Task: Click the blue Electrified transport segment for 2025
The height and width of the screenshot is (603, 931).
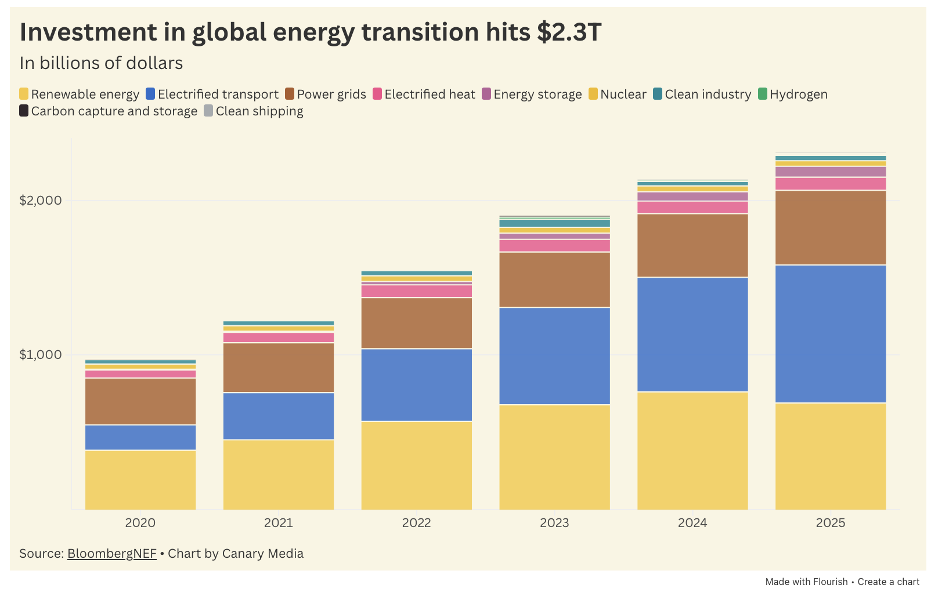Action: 831,333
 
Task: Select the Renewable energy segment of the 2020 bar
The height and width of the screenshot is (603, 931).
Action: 140,480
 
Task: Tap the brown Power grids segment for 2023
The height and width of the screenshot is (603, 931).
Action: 554,279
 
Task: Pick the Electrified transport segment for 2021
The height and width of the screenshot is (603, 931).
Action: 279,416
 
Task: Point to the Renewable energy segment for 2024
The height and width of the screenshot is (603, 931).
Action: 692,451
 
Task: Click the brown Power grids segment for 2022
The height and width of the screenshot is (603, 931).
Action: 416,323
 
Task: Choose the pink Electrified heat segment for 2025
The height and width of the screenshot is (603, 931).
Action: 831,184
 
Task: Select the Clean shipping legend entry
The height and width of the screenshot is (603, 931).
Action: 254,111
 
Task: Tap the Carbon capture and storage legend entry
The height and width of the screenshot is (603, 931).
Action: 109,111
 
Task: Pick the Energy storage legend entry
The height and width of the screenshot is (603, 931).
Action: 532,95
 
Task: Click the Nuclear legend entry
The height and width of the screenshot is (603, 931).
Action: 618,95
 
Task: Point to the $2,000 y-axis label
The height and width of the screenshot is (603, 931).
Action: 41,201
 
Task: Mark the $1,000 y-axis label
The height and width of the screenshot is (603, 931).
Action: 41,355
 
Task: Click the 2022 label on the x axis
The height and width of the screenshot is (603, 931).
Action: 416,523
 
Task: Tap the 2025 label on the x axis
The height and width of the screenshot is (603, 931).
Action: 831,523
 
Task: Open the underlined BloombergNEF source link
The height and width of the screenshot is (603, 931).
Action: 112,554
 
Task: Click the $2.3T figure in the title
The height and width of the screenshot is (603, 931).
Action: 569,32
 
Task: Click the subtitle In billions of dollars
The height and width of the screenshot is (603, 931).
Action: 102,63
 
